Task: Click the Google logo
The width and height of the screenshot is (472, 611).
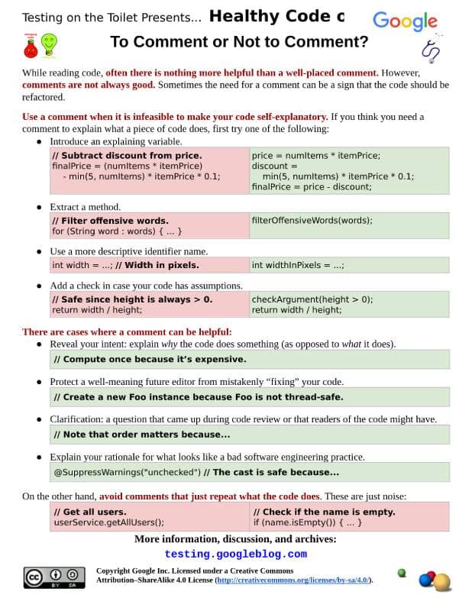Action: (405, 21)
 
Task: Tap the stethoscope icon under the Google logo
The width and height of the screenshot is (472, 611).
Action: (431, 49)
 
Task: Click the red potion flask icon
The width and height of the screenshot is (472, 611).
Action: (31, 47)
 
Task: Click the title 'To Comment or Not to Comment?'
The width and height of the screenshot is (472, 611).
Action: (239, 42)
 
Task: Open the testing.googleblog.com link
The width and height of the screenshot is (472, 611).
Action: (235, 554)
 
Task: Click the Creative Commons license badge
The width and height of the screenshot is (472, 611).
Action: (53, 577)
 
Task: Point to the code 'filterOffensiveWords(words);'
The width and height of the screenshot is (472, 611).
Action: (312, 220)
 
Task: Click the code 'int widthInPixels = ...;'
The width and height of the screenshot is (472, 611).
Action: (298, 265)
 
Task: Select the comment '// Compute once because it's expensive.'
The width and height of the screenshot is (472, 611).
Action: (150, 359)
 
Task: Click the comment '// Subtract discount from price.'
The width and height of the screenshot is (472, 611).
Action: (127, 155)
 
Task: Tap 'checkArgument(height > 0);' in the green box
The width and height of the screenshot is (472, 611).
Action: (312, 299)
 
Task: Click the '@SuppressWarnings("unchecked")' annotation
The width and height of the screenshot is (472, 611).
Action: (127, 472)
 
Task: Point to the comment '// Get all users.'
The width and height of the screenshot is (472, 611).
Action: (90, 512)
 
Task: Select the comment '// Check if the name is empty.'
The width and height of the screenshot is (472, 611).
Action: (324, 512)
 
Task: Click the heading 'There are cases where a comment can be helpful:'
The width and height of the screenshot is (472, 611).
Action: (127, 332)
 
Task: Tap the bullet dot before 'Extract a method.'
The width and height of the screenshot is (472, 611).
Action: (39, 207)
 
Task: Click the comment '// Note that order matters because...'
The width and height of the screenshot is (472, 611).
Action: (141, 435)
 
